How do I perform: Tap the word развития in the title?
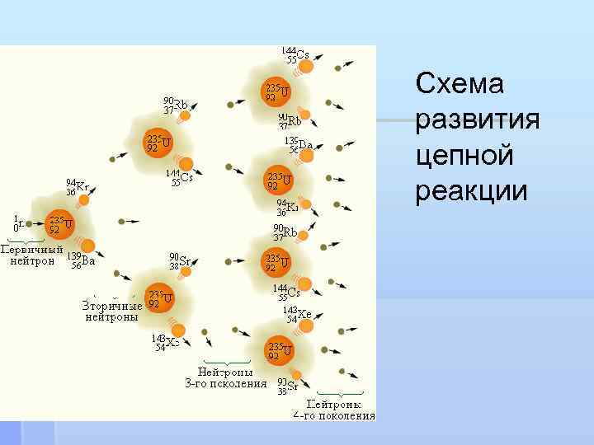pos(478,120)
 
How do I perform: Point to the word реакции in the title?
pos(472,190)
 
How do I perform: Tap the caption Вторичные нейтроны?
pos(111,311)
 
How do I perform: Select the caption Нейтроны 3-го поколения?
pos(225,377)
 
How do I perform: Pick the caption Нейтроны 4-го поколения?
pos(341,410)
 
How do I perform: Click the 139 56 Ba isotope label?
pos(82,261)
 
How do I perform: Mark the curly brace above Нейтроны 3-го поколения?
pos(226,362)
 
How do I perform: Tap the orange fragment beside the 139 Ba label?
pos(87,244)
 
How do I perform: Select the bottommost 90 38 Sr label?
pos(288,386)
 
